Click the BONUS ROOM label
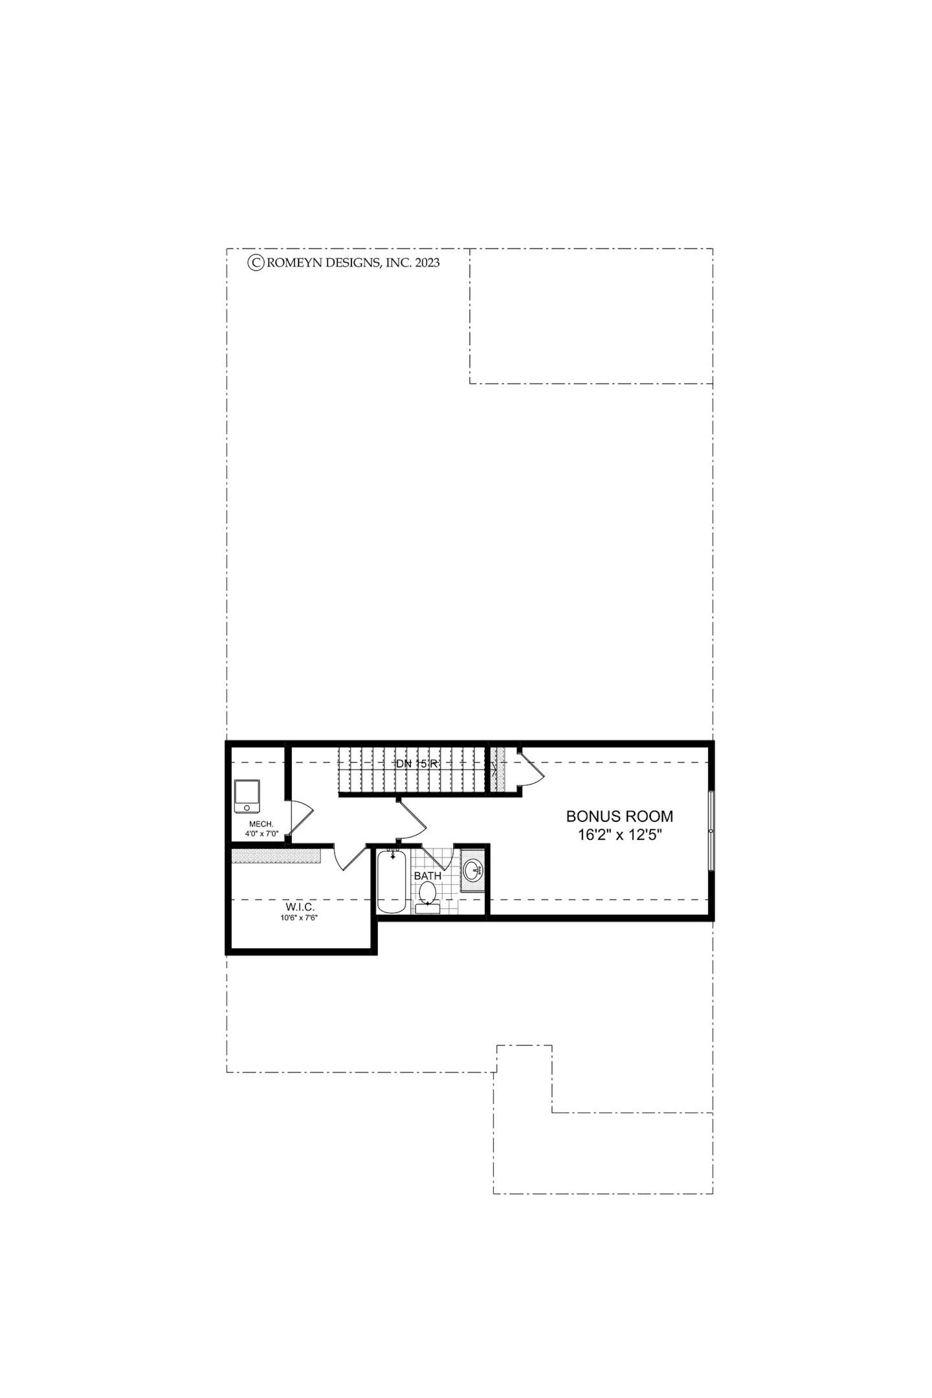tap(619, 816)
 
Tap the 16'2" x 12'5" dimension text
tap(619, 835)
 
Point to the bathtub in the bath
tap(392, 882)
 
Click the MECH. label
tap(262, 824)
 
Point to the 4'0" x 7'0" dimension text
tap(262, 834)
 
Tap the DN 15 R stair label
tap(416, 764)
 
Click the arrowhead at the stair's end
tap(494, 772)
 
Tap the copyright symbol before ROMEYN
tap(256, 262)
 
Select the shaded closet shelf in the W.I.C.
tap(276, 855)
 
